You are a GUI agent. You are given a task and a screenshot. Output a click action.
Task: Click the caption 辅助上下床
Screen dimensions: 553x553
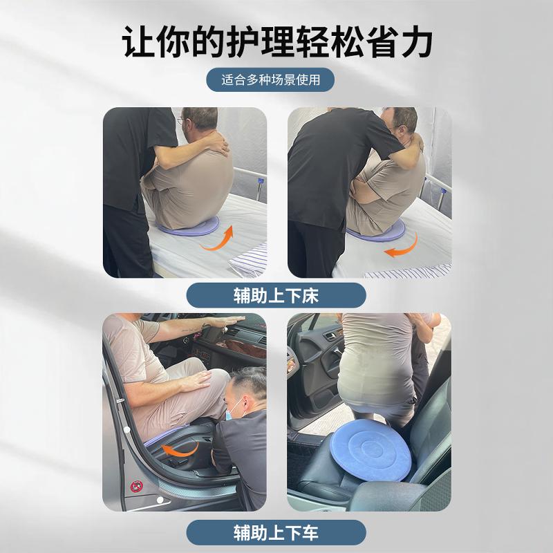click(276, 296)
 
